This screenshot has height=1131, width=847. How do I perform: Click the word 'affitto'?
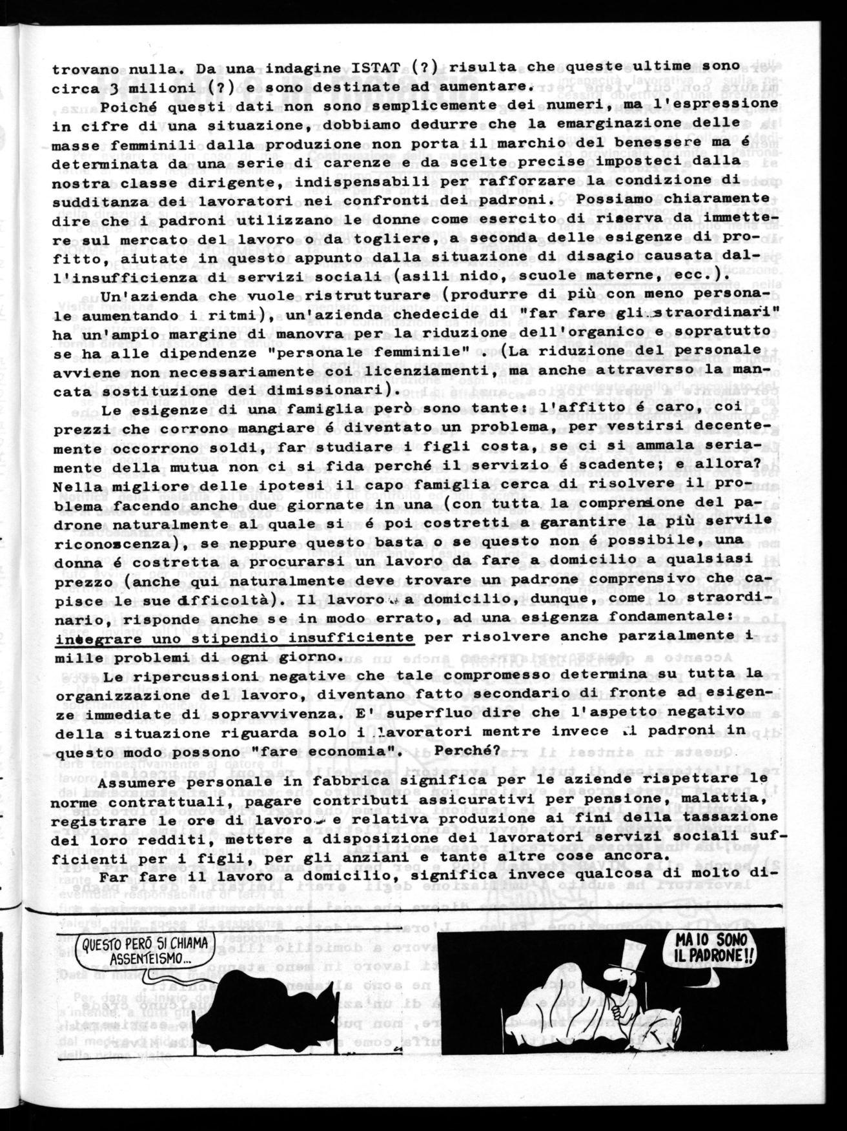click(x=625, y=409)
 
